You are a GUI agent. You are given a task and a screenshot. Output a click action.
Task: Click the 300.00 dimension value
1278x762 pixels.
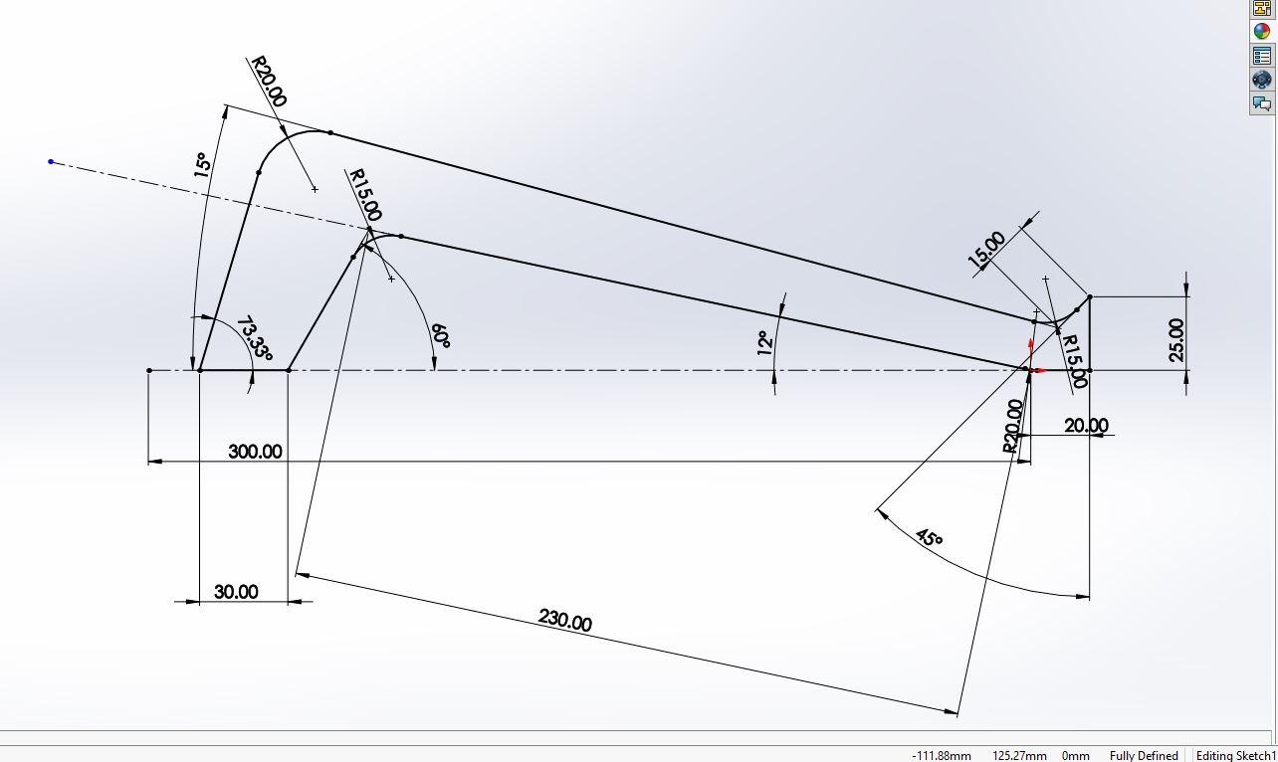click(x=255, y=452)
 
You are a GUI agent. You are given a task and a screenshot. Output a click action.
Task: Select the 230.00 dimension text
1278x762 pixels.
click(x=564, y=620)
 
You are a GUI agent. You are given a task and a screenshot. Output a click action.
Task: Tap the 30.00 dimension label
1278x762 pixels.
click(x=236, y=592)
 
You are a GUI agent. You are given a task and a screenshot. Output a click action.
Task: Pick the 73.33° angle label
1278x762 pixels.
click(x=255, y=338)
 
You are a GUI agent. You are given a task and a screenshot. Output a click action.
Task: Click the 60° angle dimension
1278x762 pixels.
click(x=441, y=336)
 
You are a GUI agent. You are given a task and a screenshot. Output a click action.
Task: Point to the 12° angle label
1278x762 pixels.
click(x=765, y=343)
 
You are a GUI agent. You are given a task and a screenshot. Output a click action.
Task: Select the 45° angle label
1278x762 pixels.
click(x=929, y=538)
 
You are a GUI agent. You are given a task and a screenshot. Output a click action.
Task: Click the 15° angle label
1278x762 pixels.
click(x=202, y=165)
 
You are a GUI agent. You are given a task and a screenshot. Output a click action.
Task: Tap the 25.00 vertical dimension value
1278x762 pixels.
click(x=1175, y=340)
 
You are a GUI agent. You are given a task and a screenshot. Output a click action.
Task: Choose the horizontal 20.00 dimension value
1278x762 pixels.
click(x=1086, y=426)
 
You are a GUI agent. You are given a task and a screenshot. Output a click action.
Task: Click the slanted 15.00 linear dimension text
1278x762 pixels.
click(x=986, y=250)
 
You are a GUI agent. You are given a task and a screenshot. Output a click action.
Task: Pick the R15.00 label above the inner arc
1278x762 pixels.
click(x=364, y=195)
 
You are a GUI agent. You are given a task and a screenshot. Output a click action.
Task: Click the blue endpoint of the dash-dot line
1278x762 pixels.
click(x=51, y=162)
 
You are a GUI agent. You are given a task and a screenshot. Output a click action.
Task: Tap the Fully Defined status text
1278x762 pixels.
click(x=1144, y=756)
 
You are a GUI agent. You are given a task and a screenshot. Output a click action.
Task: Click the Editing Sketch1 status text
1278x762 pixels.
click(x=1236, y=756)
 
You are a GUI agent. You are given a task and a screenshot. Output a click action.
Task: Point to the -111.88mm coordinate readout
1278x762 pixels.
click(x=942, y=756)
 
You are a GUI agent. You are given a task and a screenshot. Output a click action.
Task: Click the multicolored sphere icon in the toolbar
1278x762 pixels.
click(x=1261, y=32)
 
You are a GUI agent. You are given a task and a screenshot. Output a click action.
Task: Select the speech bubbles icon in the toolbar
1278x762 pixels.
click(x=1261, y=103)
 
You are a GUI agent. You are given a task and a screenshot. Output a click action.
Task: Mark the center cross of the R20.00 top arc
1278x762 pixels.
click(x=315, y=189)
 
